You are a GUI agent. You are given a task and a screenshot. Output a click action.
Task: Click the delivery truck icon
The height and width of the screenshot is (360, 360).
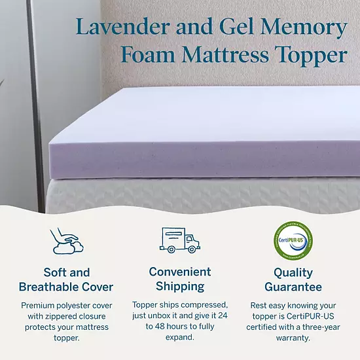point(179,240)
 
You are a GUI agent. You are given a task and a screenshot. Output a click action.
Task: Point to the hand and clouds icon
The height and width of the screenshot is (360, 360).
point(66,240)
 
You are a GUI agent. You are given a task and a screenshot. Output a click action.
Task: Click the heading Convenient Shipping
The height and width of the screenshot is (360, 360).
point(179,279)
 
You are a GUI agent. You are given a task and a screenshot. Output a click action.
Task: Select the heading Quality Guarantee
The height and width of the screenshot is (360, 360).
point(293,279)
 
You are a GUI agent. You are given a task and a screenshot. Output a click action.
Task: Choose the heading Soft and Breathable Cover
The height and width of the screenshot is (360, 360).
point(66,279)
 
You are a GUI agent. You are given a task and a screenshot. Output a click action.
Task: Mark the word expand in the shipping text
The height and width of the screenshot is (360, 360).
point(179,337)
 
